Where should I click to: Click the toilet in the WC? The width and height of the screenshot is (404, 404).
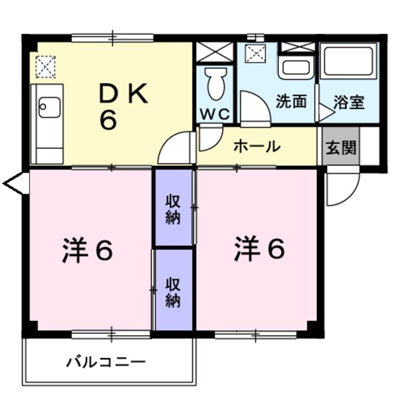[x=215, y=83]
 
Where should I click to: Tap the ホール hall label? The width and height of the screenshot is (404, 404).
[x=256, y=146]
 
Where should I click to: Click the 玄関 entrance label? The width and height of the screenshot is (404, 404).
[x=341, y=147]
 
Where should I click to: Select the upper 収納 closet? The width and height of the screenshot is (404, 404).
[x=174, y=208]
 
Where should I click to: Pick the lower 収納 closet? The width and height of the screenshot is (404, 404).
[x=174, y=290]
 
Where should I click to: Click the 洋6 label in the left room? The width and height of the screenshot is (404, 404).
[x=88, y=251]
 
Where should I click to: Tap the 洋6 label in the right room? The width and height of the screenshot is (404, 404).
[x=259, y=249]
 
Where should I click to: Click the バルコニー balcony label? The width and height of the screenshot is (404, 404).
[x=106, y=362]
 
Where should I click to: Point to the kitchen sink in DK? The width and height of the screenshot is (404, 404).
[x=49, y=107]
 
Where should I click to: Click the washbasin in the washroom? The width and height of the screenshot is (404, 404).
[x=295, y=66]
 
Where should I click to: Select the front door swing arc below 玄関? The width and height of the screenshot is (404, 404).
[x=342, y=187]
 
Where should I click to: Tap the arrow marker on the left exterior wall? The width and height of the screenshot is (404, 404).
[x=14, y=184]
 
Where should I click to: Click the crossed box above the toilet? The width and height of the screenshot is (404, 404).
[x=215, y=52]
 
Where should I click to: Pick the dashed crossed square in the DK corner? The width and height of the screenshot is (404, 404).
[x=45, y=66]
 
